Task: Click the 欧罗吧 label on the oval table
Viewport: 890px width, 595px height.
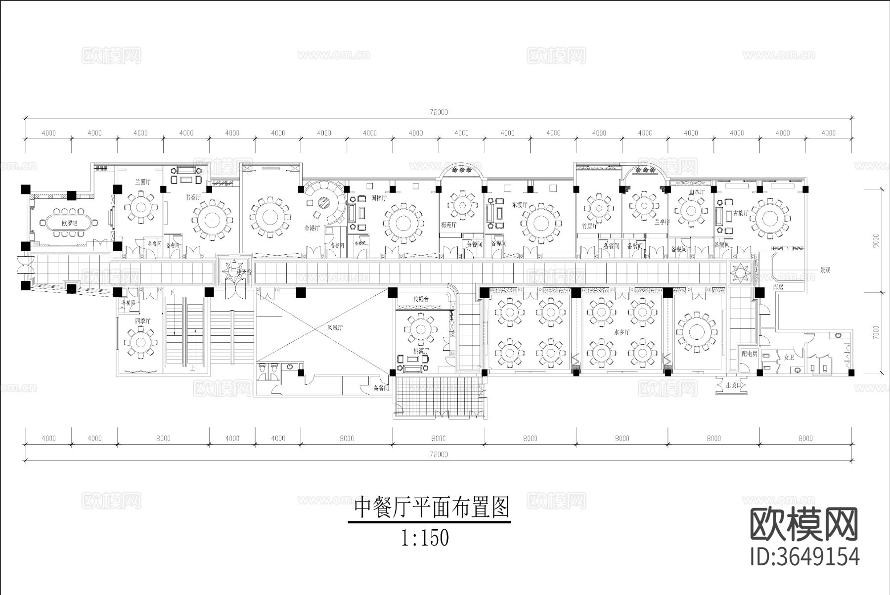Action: pos(70,223)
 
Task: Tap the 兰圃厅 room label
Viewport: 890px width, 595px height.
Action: pos(143,182)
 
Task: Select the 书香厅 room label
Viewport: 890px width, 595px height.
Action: pos(193,197)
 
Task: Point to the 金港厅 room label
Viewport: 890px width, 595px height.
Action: pos(312,228)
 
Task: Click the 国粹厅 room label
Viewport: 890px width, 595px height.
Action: pos(379,198)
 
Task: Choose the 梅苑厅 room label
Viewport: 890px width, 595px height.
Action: pos(448,225)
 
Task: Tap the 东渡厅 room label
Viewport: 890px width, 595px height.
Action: pos(520,204)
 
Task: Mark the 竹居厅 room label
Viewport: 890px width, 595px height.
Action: pos(589,226)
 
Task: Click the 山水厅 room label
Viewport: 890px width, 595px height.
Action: pos(696,191)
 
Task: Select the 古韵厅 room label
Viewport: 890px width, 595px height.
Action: pos(740,213)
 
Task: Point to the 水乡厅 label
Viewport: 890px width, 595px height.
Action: pos(621,332)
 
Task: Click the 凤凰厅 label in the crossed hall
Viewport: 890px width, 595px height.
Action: pos(335,327)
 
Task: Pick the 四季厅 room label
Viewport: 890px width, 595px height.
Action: pos(142,321)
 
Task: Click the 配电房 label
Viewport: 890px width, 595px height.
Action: pos(750,354)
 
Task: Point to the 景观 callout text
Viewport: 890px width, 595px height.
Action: pos(825,271)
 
